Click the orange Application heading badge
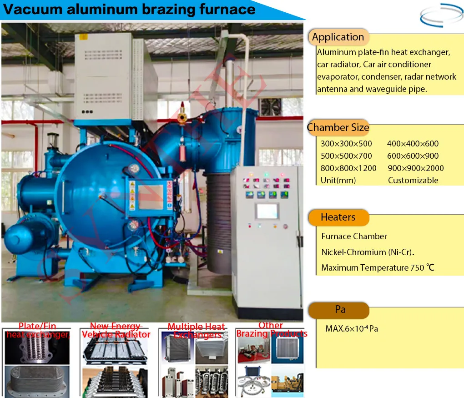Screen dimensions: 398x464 pos(338,37)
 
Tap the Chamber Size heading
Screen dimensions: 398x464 pos(338,128)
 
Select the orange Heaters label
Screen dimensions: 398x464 pos(338,217)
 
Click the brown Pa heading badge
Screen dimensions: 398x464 pos(339,310)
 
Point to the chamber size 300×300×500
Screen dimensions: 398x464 pos(346,144)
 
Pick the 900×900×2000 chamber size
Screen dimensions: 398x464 pos(416,168)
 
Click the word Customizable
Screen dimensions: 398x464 pos(413,181)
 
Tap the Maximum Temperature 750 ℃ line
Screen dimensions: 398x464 pos(378,267)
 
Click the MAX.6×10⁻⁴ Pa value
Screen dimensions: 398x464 pos(352,328)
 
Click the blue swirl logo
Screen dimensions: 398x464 pos(440,15)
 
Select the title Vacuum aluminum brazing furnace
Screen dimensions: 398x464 pos(130,10)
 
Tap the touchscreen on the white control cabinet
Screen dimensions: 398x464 pos(267,211)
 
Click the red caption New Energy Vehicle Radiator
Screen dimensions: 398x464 pos(116,330)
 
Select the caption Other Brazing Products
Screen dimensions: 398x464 pos(271,330)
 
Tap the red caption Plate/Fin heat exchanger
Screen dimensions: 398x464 pos(38,331)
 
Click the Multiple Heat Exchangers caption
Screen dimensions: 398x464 pos(197,331)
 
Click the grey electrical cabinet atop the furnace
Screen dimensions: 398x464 pos(109,75)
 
